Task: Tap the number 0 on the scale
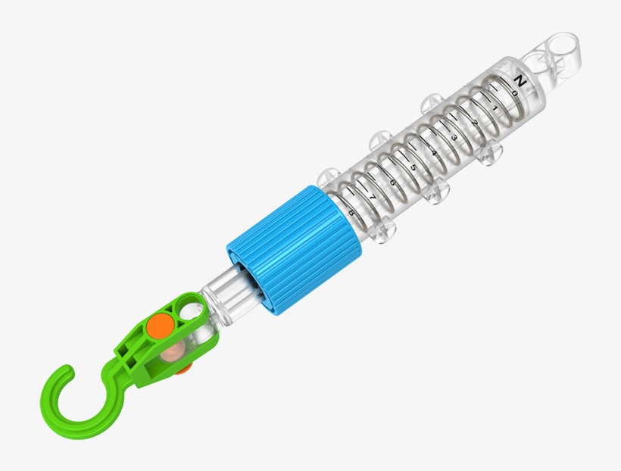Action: [x=514, y=93]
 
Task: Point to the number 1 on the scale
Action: [x=494, y=108]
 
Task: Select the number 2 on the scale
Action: [x=474, y=123]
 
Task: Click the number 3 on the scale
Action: [x=454, y=137]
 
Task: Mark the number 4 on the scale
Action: [x=433, y=152]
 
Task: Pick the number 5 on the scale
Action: [x=413, y=167]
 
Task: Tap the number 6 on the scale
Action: [x=392, y=182]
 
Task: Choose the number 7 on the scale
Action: [x=372, y=197]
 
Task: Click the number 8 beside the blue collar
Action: [x=351, y=212]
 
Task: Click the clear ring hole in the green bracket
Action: [x=192, y=310]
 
